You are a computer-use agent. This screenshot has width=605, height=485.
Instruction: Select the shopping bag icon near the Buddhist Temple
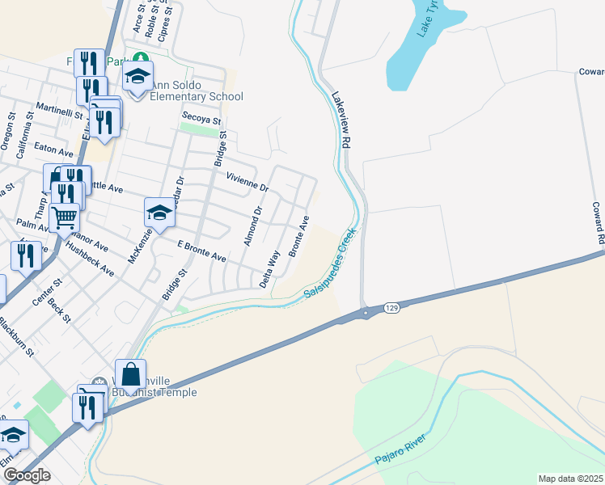[130, 375]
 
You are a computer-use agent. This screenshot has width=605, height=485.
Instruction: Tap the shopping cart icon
[65, 216]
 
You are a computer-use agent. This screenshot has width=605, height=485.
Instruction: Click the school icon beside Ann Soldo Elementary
[138, 77]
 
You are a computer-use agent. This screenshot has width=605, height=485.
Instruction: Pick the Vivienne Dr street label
[247, 182]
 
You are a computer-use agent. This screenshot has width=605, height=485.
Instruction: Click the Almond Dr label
[252, 226]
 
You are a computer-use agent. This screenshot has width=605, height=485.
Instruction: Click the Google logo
[27, 475]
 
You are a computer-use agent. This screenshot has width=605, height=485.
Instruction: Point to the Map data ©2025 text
[570, 479]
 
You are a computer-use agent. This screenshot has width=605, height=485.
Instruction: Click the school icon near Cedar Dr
[159, 213]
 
